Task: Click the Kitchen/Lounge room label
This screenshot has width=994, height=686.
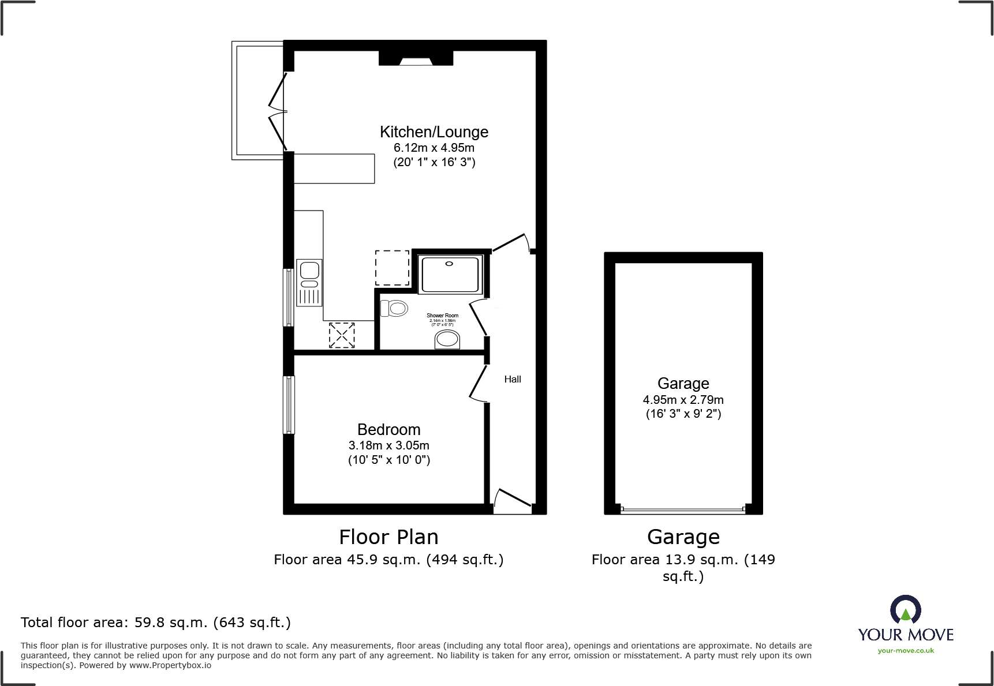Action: (434, 132)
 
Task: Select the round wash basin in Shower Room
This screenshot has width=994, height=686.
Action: (447, 339)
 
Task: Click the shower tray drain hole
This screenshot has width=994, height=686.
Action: (450, 264)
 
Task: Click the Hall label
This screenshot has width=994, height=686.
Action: (513, 379)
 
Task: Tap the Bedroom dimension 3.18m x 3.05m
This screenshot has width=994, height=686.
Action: (388, 445)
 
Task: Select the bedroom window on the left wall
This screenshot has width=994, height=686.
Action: (288, 404)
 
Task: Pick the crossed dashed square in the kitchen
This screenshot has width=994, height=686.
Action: (342, 335)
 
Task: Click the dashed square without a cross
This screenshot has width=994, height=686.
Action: (393, 268)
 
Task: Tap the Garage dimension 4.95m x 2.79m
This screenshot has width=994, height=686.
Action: (683, 400)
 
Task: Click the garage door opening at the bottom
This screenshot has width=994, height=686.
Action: (683, 509)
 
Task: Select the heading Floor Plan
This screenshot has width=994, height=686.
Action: (388, 537)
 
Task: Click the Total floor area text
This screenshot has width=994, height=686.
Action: (155, 623)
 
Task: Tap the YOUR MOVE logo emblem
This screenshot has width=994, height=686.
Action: (905, 609)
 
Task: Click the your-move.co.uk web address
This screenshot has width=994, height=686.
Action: (906, 651)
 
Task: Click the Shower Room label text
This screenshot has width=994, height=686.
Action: (442, 316)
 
